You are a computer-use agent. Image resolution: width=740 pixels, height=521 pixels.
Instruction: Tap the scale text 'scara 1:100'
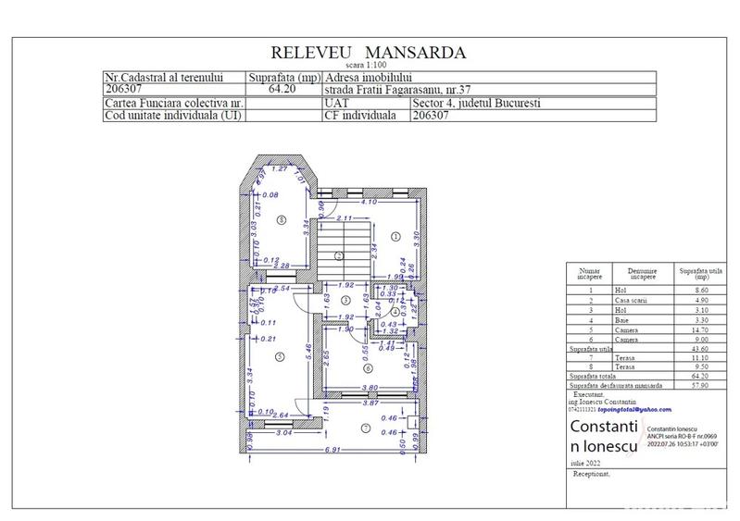coord(369,65)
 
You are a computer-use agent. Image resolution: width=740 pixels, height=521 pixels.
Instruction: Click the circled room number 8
coord(281,218)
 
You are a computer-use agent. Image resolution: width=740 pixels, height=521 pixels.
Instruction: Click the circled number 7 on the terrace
coord(365,428)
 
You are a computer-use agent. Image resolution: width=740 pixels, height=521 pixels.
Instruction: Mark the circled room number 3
coord(345,301)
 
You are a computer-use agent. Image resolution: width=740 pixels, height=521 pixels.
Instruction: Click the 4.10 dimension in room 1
coord(369,201)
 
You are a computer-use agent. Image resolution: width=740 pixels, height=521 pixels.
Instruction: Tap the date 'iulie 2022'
coord(584,460)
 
